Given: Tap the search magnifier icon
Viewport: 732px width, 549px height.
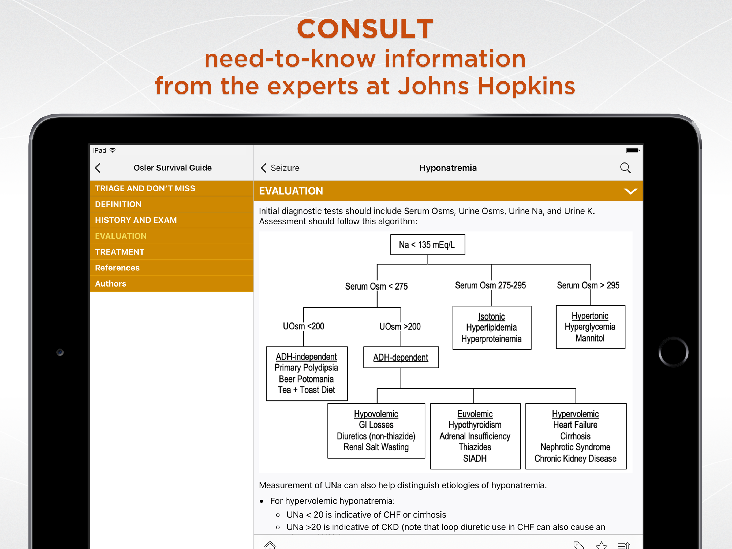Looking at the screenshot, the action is pyautogui.click(x=625, y=168).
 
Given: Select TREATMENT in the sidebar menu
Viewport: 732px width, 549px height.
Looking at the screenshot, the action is pyautogui.click(x=119, y=252).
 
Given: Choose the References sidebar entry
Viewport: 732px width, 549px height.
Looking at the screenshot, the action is pyautogui.click(x=117, y=268).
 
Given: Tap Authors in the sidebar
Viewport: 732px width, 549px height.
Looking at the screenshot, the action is pyautogui.click(x=111, y=284).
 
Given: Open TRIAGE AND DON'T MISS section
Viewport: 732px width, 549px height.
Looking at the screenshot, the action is pyautogui.click(x=145, y=188).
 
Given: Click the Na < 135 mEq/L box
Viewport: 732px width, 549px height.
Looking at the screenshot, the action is pyautogui.click(x=428, y=245).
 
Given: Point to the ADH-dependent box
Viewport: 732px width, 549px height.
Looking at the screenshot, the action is pyautogui.click(x=401, y=357).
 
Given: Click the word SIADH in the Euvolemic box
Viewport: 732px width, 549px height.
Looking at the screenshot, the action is pyautogui.click(x=475, y=459).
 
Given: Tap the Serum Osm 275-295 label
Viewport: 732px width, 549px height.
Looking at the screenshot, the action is pyautogui.click(x=490, y=285).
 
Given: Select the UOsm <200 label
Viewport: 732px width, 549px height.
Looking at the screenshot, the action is pyautogui.click(x=304, y=327).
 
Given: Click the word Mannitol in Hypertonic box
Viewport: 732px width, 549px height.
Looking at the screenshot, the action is pyautogui.click(x=590, y=338).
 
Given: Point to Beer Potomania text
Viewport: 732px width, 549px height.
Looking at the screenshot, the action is pyautogui.click(x=306, y=379).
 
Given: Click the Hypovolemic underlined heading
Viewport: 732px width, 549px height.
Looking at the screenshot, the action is pyautogui.click(x=376, y=414).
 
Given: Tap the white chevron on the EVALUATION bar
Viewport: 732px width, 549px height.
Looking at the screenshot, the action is pyautogui.click(x=630, y=191).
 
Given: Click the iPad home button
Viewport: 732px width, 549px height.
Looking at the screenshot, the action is pyautogui.click(x=673, y=352).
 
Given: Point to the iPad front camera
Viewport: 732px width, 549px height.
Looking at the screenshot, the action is pyautogui.click(x=60, y=352).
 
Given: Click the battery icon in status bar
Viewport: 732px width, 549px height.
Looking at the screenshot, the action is pyautogui.click(x=632, y=150).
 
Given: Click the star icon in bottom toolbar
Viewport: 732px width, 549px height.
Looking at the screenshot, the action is pyautogui.click(x=601, y=545).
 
